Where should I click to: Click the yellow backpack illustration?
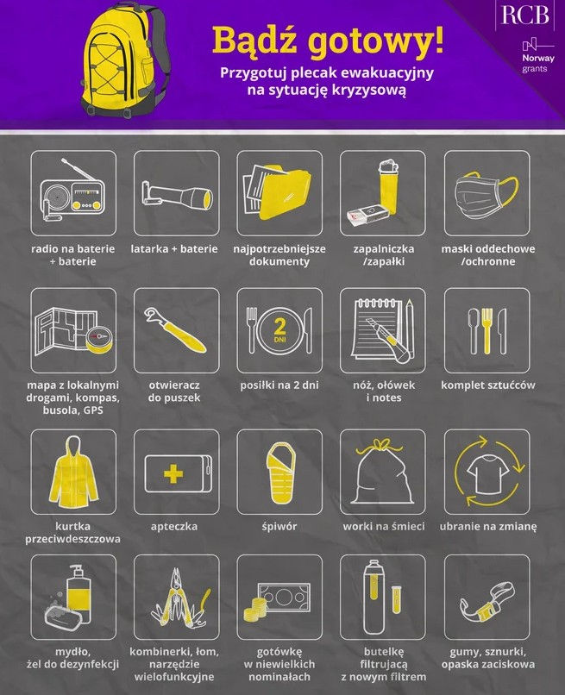tap(125, 60)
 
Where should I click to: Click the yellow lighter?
tap(388, 187)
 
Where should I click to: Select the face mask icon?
tap(487, 195)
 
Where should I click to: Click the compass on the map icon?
tap(98, 338)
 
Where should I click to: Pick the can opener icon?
tap(175, 330)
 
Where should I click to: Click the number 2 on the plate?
tap(279, 327)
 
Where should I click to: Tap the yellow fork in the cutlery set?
tap(487, 330)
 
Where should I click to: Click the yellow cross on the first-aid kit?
tap(173, 474)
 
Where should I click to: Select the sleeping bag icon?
tap(280, 472)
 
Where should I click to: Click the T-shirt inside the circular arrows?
tap(488, 473)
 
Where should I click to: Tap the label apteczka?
tap(174, 527)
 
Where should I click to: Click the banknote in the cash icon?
tap(284, 597)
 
